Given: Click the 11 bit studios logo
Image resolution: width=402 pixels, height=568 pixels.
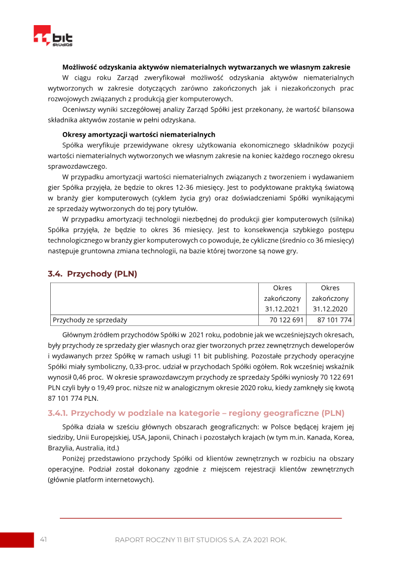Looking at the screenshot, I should coord(53,37).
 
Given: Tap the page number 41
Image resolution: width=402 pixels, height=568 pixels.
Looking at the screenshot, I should coord(44,539).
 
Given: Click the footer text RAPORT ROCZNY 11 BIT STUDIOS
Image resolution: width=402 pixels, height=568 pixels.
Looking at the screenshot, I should coord(200,540).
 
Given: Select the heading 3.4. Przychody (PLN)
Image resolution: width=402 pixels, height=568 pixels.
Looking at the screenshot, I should coord(92,274).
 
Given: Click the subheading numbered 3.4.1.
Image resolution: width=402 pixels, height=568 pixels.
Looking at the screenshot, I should coord(196,413).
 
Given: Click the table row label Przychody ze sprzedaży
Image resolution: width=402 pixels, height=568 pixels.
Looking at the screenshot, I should coord(90,320).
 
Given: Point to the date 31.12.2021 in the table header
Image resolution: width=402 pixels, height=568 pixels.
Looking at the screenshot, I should coord(282,309).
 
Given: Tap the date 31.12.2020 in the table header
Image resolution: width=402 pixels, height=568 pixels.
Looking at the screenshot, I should coord(330,309).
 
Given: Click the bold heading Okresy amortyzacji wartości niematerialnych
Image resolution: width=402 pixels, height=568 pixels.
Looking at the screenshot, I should coord(139,135).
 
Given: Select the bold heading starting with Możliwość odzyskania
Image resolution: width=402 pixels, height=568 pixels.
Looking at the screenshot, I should coord(206,67).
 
